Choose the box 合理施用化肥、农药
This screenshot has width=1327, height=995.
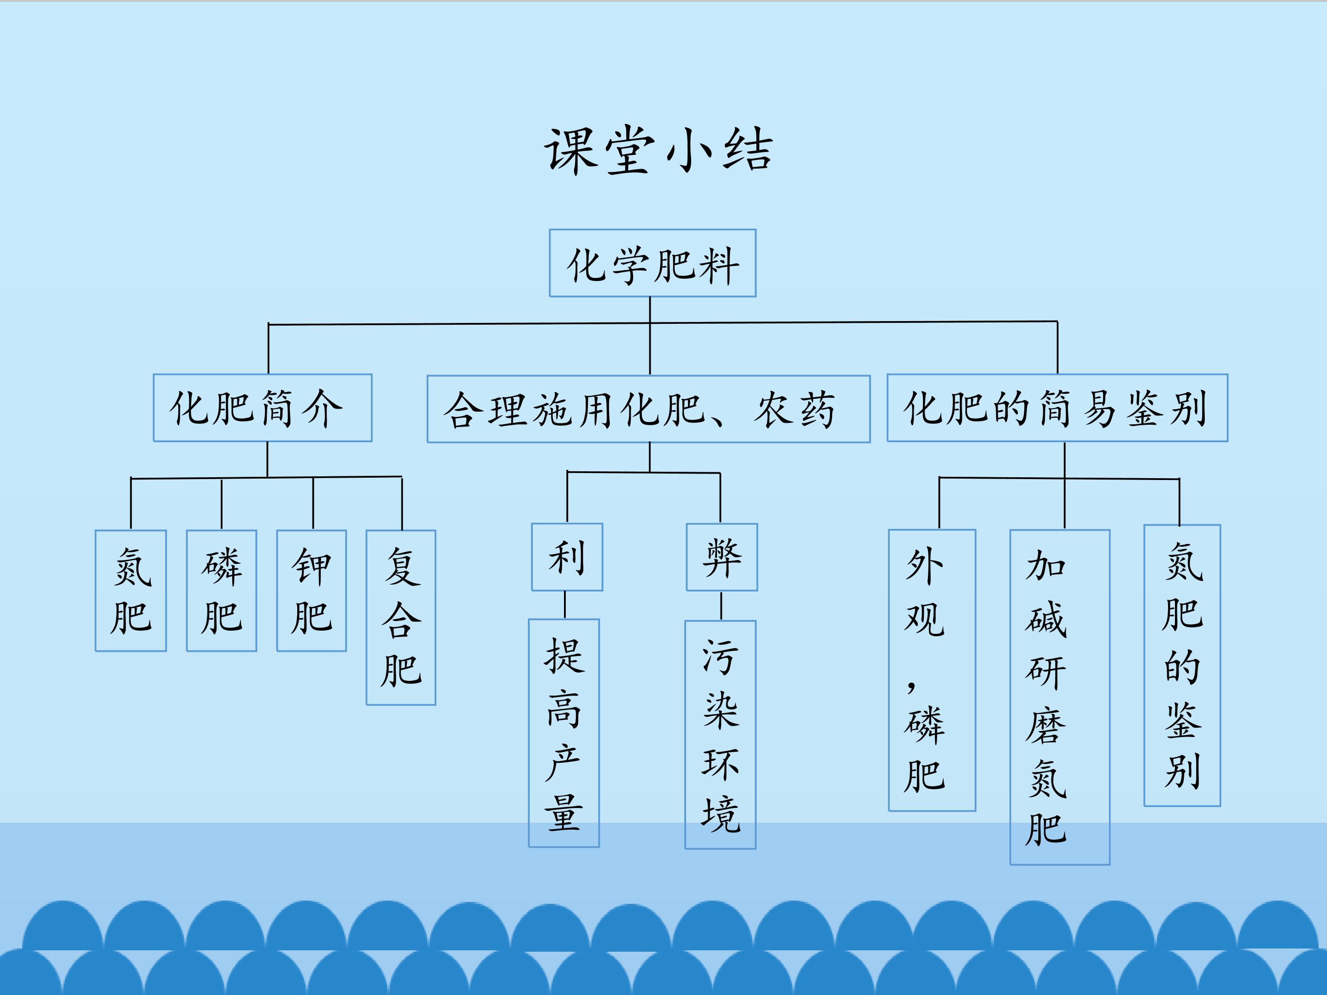[648, 410]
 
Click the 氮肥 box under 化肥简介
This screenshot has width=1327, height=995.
[131, 591]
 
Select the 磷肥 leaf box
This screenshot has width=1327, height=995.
[221, 591]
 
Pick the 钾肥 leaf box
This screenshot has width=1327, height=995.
[311, 591]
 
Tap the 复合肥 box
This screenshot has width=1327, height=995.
[401, 617]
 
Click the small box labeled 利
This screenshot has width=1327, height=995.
[567, 557]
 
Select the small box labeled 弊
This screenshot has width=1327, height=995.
[722, 557]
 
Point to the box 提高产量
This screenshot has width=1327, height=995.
[564, 733]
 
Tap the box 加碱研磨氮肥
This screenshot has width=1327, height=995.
[1059, 697]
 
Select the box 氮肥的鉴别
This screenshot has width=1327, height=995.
[1182, 665]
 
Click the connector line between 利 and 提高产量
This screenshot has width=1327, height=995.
[564, 604]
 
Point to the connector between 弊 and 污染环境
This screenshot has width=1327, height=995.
[721, 605]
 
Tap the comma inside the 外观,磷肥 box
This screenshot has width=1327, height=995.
[911, 685]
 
